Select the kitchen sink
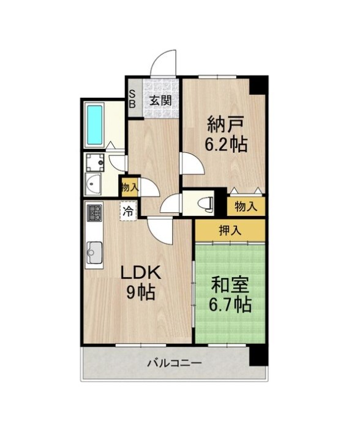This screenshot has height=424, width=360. click(x=94, y=253)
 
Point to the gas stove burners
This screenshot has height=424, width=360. click(x=94, y=213)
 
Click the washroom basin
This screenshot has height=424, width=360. click(x=93, y=184)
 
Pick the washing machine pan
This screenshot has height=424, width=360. click(x=95, y=162)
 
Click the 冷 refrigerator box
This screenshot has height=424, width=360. click(x=129, y=212)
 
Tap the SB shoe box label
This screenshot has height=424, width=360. click(x=132, y=99)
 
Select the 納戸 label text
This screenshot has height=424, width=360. click(x=226, y=125)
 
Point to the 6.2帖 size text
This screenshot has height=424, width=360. click(x=226, y=144)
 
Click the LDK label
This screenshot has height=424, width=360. click(x=141, y=273)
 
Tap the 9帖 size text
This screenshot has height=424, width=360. click(x=140, y=292)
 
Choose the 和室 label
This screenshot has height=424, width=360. click(x=230, y=286)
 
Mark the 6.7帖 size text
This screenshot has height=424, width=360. click(x=230, y=305)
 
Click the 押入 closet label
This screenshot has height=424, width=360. click(x=230, y=231)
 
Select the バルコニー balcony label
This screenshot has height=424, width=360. click(x=174, y=363)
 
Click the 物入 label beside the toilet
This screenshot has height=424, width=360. click(x=246, y=207)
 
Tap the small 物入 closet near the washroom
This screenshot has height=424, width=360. click(x=130, y=187)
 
